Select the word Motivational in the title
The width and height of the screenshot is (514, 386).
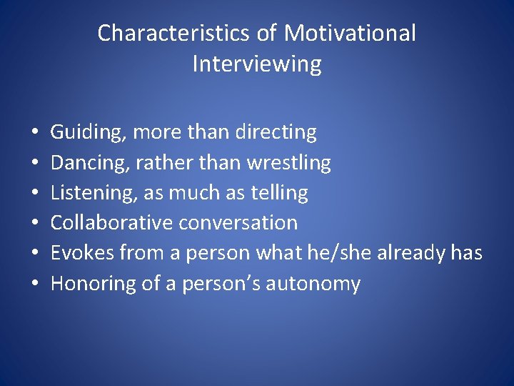click(x=349, y=34)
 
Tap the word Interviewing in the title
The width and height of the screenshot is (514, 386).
click(x=257, y=64)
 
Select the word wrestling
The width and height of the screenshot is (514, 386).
click(x=288, y=163)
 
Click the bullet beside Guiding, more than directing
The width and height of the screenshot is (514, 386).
click(x=34, y=133)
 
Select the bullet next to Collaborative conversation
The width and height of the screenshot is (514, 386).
click(x=34, y=224)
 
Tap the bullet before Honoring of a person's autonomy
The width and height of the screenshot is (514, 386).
click(x=34, y=284)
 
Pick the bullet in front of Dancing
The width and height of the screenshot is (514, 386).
click(x=34, y=164)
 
